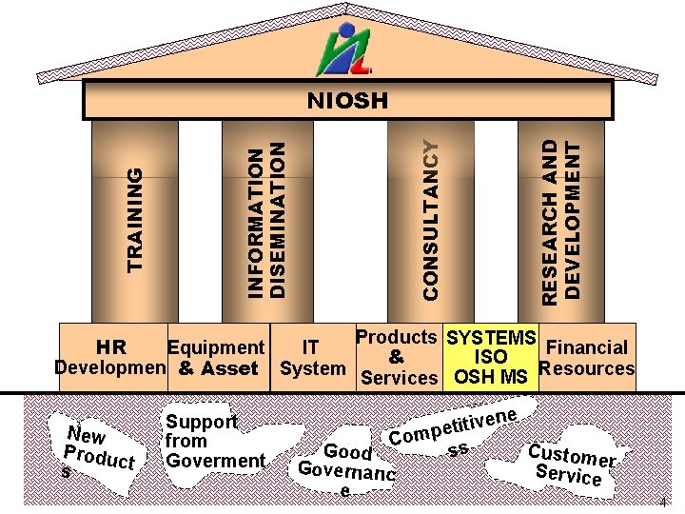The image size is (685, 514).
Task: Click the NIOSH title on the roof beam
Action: [x=347, y=100]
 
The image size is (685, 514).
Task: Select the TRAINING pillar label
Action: [x=137, y=219]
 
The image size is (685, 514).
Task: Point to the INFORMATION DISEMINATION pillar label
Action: [x=265, y=219]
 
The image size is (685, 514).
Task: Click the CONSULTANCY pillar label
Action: [x=431, y=219]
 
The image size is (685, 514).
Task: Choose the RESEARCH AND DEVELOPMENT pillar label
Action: [x=560, y=221]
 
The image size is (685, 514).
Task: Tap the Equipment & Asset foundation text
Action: [x=217, y=358]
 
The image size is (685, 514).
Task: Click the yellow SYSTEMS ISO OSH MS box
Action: [x=491, y=358]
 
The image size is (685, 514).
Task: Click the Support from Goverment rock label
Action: [x=214, y=442]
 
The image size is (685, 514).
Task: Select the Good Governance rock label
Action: [x=345, y=466]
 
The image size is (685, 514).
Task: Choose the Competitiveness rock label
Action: [x=454, y=429]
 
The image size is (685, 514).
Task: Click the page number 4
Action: [x=661, y=502]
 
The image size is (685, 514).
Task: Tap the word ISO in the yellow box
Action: [x=491, y=358]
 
